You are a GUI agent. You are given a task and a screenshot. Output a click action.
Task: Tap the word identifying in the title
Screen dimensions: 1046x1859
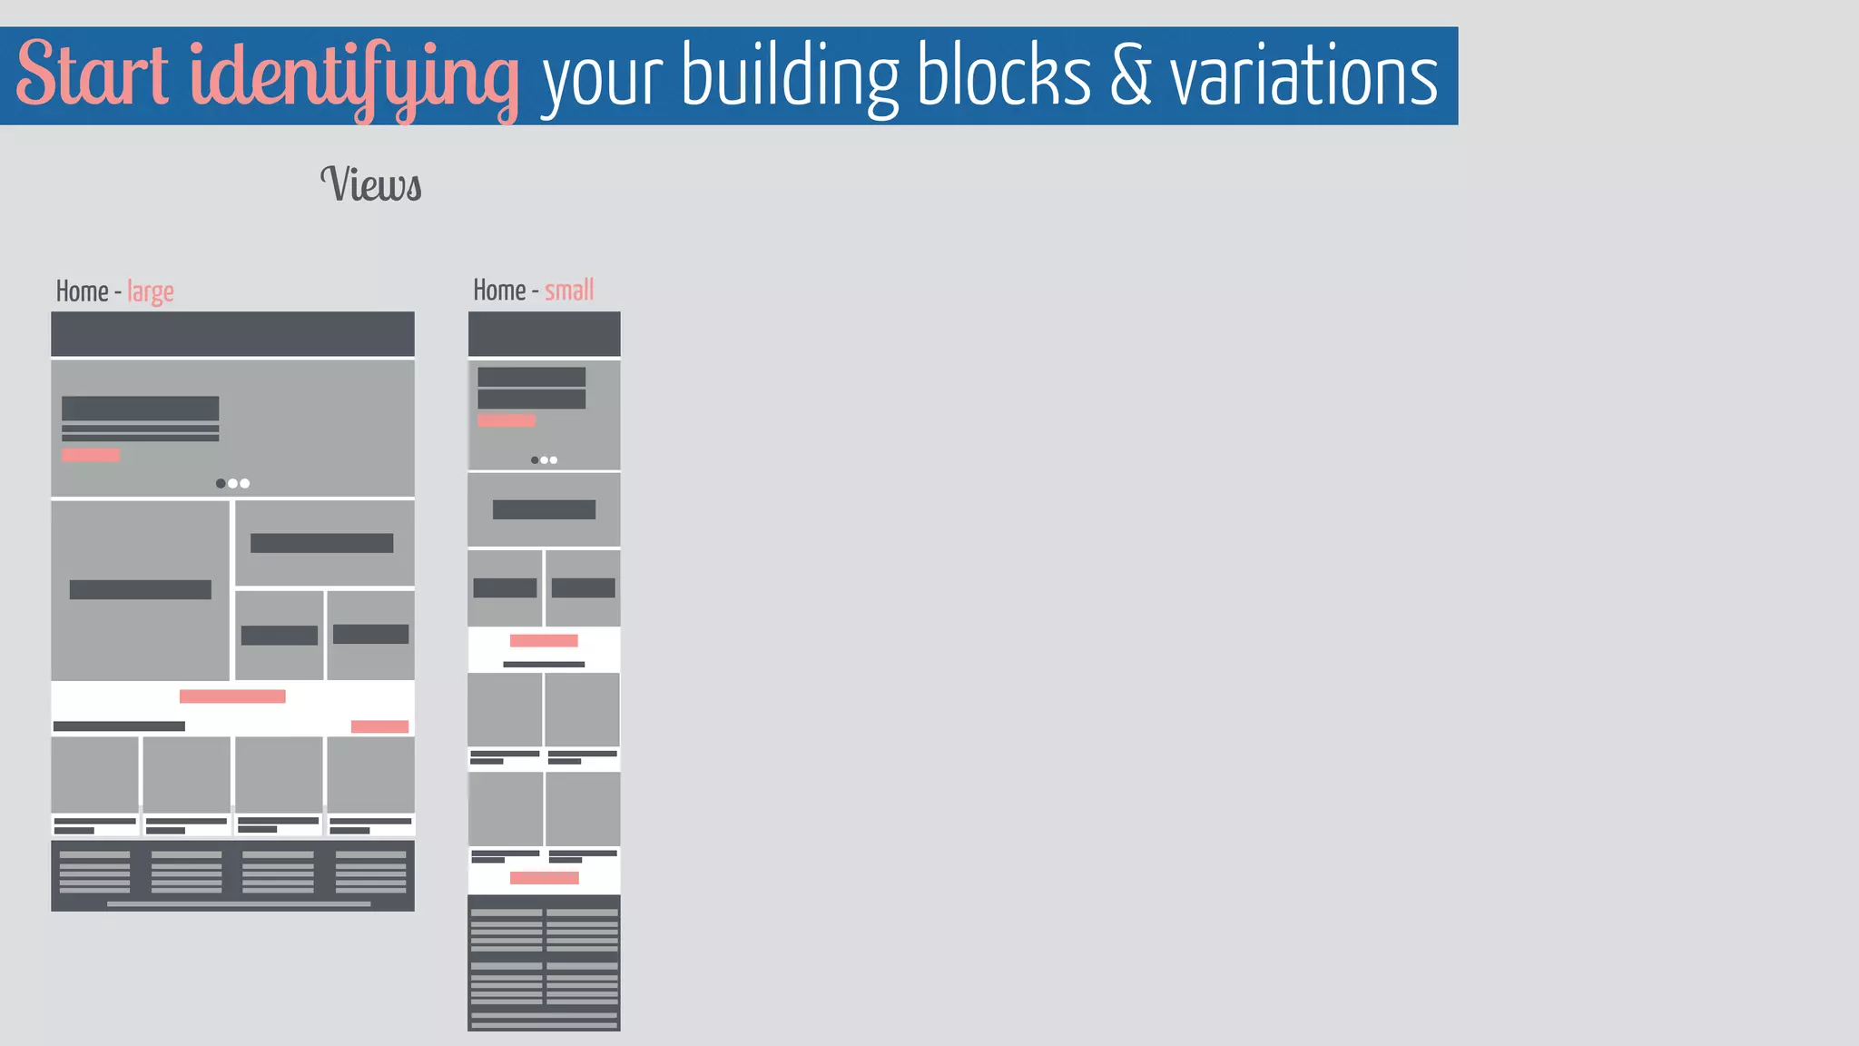click(x=354, y=76)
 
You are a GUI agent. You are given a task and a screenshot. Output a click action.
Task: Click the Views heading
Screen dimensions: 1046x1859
click(x=371, y=184)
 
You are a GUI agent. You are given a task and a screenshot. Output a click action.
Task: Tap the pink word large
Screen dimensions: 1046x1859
click(x=151, y=292)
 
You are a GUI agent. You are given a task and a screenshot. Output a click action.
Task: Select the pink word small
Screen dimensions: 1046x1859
click(x=569, y=291)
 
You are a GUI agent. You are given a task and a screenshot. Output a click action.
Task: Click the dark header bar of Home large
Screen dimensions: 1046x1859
click(x=232, y=334)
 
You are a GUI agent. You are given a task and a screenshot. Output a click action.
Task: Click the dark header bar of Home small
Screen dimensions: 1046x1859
click(x=544, y=334)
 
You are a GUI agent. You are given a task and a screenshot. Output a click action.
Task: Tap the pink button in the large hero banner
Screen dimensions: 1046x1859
click(x=91, y=455)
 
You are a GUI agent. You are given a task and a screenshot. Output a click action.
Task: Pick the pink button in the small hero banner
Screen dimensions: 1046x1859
click(x=507, y=420)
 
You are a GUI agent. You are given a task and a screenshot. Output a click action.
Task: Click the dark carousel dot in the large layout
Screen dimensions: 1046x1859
click(x=221, y=483)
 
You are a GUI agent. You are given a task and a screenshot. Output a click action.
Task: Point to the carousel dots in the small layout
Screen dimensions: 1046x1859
click(x=544, y=460)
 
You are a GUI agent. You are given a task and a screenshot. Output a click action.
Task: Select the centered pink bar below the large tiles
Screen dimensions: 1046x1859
click(x=232, y=696)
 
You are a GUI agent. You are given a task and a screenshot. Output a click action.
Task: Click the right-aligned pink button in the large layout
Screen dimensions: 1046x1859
click(x=379, y=726)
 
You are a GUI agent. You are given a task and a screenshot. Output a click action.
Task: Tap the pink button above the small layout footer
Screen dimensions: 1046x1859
click(x=544, y=878)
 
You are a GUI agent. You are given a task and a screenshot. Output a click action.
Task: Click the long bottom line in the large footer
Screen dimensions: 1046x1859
click(x=239, y=904)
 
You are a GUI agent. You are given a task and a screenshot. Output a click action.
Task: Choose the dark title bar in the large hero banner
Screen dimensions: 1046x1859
click(x=140, y=408)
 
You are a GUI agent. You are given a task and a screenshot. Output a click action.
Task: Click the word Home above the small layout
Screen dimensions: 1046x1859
click(x=499, y=291)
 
